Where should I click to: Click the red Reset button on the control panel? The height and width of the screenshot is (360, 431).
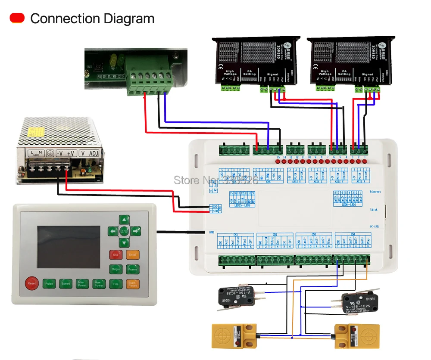[31, 282]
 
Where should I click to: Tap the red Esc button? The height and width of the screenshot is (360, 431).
[116, 254]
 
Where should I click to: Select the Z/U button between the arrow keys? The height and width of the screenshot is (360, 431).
[124, 231]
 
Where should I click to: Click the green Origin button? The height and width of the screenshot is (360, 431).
[116, 269]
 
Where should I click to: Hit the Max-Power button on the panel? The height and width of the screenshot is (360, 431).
[99, 283]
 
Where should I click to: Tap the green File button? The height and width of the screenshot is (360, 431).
[116, 283]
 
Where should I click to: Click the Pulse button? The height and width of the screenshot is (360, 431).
[49, 283]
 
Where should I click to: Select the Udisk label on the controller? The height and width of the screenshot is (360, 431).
[374, 211]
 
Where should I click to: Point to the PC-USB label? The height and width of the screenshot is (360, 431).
[374, 226]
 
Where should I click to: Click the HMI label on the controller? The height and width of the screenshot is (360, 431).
[212, 233]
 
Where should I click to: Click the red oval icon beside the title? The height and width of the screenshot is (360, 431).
[17, 18]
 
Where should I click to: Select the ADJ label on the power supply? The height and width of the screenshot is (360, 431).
[93, 153]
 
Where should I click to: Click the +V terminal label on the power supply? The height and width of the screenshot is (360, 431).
[72, 153]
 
